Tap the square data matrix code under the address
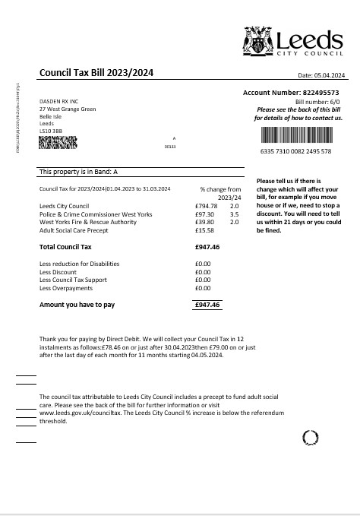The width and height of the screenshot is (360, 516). [x=58, y=142]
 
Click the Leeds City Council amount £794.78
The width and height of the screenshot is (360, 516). [x=206, y=206]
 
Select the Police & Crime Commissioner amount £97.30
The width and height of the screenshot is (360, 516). [x=204, y=214]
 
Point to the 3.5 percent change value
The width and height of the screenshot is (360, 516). [x=234, y=214]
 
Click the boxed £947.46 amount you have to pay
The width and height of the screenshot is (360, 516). [x=207, y=304]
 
